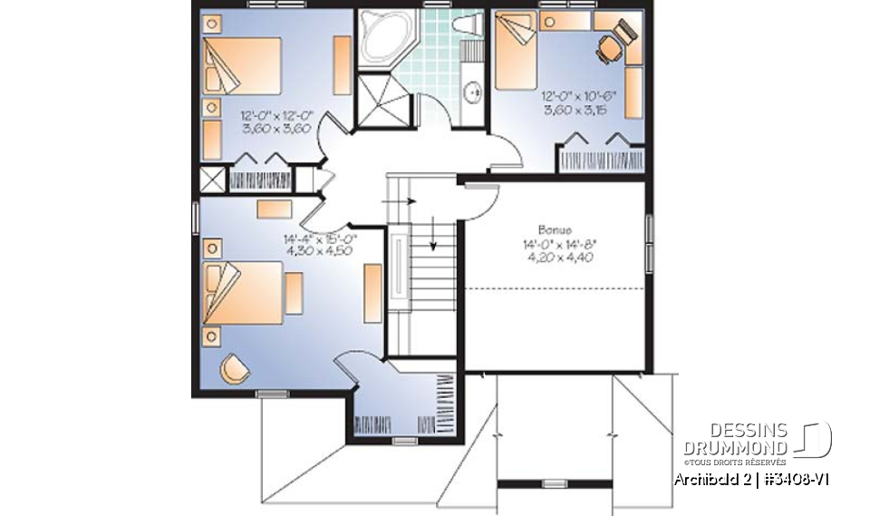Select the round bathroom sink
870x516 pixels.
473,92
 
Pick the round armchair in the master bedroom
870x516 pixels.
236,367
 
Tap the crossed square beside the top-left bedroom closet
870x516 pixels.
210,178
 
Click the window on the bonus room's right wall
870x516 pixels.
649,243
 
